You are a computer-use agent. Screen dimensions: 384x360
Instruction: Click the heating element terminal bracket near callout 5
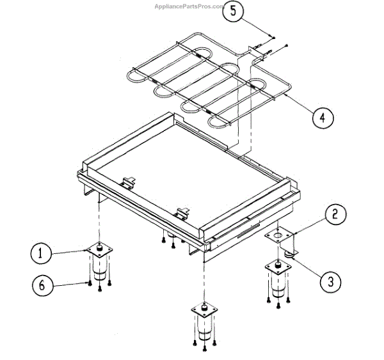tap(255, 54)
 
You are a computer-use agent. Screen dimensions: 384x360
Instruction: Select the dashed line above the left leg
tap(100, 217)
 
